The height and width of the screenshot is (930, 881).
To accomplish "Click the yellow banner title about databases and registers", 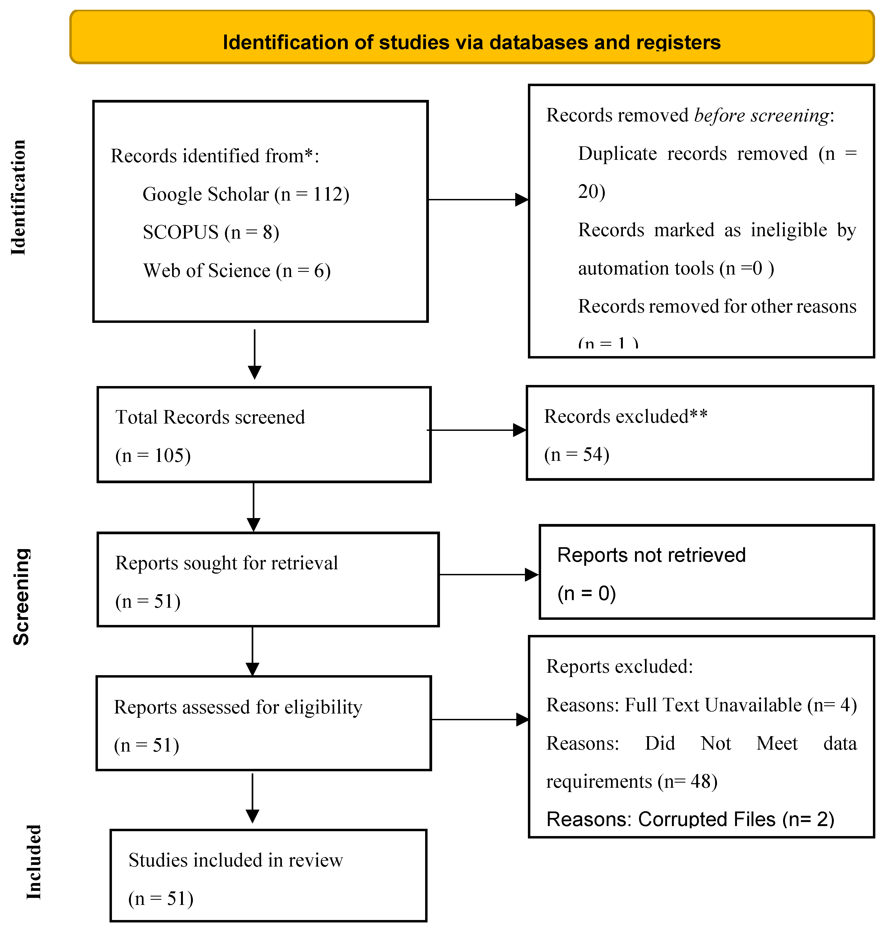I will (x=472, y=42).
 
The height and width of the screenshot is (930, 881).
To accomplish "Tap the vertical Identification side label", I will (x=19, y=197).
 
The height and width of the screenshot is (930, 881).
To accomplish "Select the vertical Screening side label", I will (x=21, y=597).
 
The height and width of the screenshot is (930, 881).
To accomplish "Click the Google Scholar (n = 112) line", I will (x=246, y=194).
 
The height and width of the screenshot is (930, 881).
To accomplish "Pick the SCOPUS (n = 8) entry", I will (x=211, y=232).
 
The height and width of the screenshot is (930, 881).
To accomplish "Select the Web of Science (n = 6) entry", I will (x=237, y=271).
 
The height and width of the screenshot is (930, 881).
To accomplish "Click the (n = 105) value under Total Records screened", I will (x=153, y=455).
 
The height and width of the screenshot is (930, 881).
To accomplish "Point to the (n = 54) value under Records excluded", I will (x=577, y=454).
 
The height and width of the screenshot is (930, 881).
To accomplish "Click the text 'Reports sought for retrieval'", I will (x=226, y=563).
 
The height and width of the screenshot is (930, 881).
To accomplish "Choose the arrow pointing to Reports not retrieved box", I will (x=489, y=574).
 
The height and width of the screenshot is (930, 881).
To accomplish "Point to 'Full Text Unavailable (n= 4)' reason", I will (x=740, y=705).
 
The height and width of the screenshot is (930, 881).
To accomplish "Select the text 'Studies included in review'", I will (x=236, y=860).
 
